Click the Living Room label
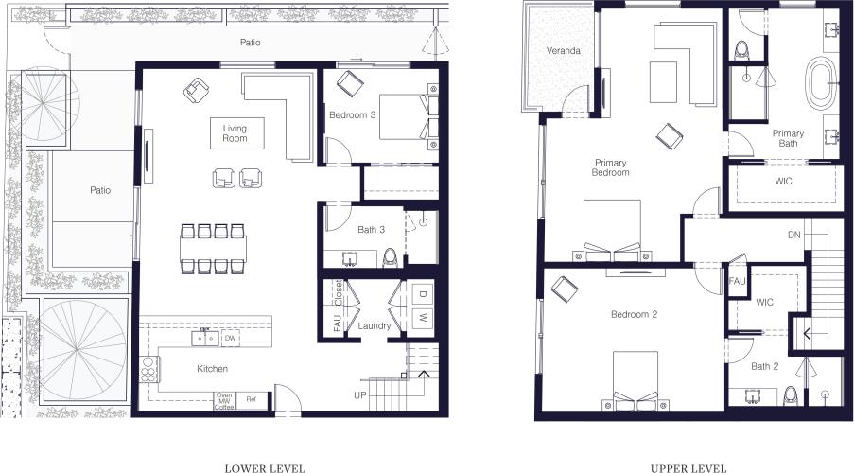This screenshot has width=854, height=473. point(235,133)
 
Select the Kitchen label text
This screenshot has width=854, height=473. point(212,369)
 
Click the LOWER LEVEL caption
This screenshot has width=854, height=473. point(265,467)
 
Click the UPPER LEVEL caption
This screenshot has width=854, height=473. point(688,467)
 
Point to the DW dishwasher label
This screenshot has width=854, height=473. point(230,338)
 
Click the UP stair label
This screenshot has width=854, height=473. point(359,394)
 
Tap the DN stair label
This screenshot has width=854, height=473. point(795,236)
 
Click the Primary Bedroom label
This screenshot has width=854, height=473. point(611,167)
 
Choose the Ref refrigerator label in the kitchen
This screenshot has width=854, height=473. point(251,398)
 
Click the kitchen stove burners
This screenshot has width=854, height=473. point(148,369)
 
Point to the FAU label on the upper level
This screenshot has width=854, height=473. point(738,282)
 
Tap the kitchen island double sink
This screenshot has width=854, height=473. point(206,338)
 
